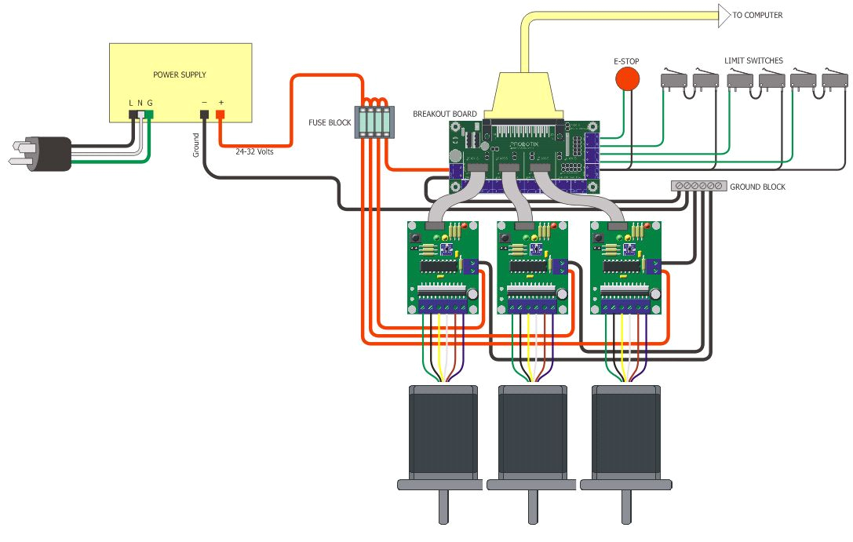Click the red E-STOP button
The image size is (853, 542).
tap(626, 78)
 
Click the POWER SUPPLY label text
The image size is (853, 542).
tap(180, 75)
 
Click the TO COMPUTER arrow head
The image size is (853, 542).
tap(723, 15)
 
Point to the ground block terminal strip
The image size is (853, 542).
tap(698, 186)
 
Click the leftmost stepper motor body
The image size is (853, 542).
tap(443, 431)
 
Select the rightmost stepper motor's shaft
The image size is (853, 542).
tap(625, 507)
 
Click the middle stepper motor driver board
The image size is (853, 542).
tap(534, 267)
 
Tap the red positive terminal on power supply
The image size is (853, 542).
tap(221, 115)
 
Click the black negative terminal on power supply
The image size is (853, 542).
tap(204, 115)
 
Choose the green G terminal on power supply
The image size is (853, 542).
tap(149, 115)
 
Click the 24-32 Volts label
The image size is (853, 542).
tap(254, 151)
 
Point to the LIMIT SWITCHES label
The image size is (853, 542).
tap(753, 60)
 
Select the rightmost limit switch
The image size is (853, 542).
tap(834, 79)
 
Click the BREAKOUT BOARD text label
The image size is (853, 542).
tap(444, 114)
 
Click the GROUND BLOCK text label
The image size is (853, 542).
tap(757, 187)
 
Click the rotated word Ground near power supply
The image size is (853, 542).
tap(196, 144)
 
